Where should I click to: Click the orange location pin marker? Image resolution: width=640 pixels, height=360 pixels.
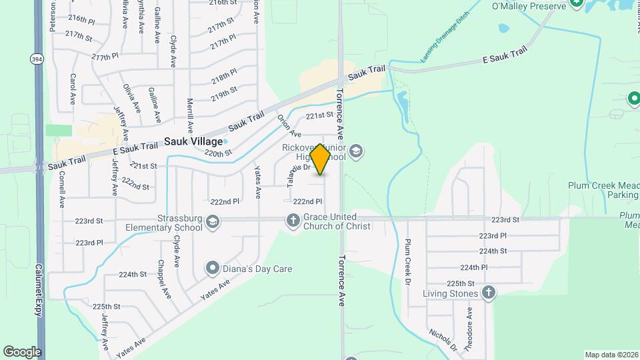coord(321,159)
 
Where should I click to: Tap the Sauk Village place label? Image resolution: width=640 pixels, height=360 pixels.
coord(193,141)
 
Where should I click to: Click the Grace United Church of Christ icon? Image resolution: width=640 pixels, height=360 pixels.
coord(293,219)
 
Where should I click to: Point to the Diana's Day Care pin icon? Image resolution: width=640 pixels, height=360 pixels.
coord(213,269)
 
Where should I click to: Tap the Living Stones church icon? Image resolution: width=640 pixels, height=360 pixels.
coord(489,293)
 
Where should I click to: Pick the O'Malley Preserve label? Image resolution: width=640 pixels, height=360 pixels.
coord(529,6)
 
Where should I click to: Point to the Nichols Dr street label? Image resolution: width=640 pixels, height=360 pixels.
coord(443,339)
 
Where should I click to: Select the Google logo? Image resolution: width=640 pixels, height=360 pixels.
coord(22,351)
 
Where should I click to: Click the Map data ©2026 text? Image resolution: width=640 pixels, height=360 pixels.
coord(611,355)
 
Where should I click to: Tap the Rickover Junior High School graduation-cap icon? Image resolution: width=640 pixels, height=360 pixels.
coord(356,150)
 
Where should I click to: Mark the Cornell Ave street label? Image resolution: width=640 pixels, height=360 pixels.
coord(61,189)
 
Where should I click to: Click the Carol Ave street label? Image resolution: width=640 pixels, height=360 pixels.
coord(73,89)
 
